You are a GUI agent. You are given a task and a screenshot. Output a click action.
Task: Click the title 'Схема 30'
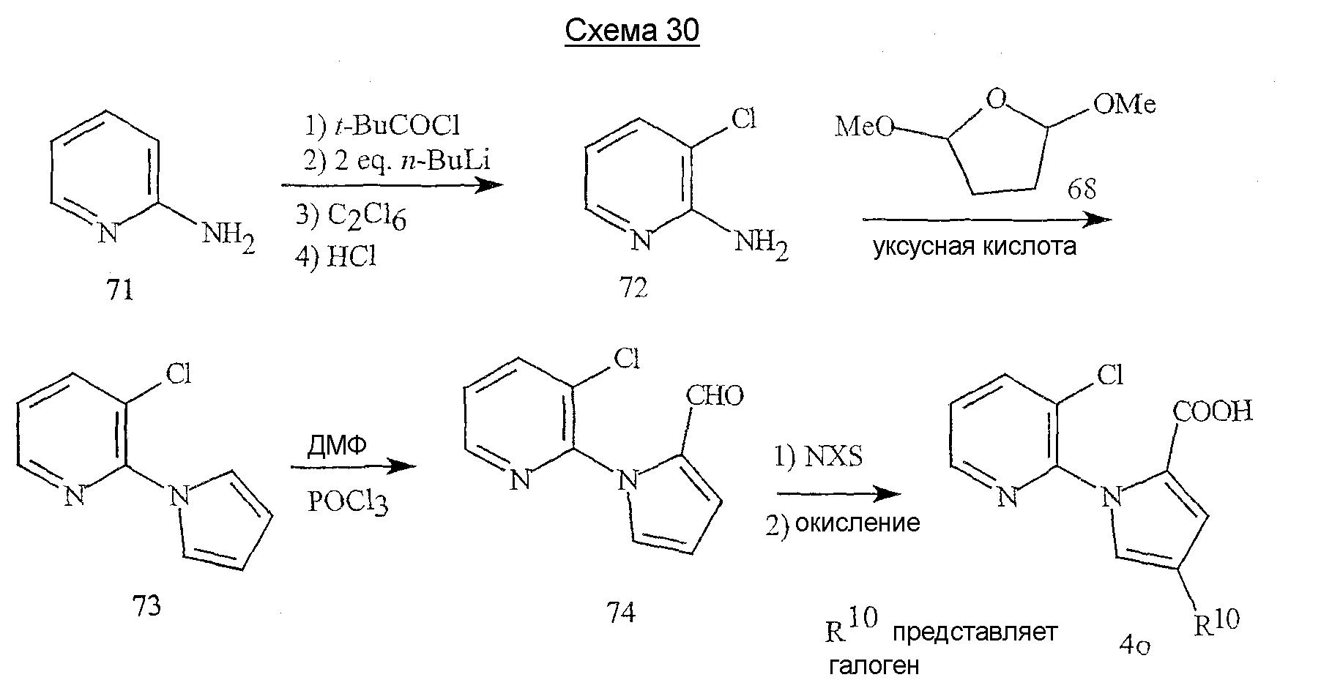[632, 31]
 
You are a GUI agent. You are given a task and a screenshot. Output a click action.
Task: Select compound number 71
[120, 291]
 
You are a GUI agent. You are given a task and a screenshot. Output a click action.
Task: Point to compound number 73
[146, 606]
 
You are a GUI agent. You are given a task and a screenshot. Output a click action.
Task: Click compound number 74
[620, 612]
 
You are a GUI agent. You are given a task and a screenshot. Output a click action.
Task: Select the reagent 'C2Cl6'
[367, 217]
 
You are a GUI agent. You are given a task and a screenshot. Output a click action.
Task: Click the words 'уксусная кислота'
[975, 247]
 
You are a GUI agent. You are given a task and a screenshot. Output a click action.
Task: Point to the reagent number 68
[1082, 190]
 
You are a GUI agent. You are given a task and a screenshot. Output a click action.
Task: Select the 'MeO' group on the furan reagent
[866, 127]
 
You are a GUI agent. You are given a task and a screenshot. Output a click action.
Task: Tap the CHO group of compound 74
[715, 396]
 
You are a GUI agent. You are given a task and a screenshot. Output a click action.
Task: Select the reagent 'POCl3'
[348, 504]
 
